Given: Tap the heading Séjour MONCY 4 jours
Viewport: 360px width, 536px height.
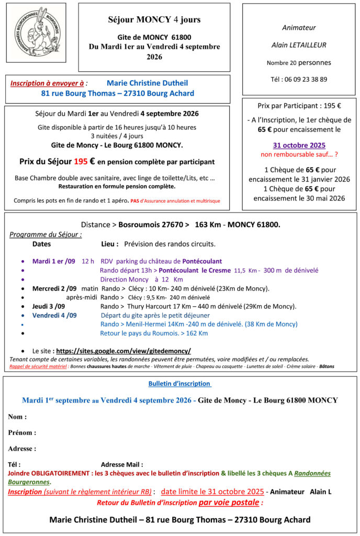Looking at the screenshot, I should (154, 20).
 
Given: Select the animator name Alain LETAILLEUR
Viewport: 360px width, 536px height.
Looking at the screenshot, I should (299, 45).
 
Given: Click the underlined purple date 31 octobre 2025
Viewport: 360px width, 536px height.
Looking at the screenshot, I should (299, 146).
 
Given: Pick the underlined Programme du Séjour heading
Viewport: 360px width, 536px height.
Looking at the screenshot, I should (46, 234).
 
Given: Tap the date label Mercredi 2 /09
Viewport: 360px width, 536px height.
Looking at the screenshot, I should (54, 288).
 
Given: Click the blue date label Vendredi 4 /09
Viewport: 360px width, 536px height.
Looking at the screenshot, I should (54, 315).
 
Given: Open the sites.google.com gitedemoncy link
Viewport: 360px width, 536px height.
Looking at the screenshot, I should (123, 351).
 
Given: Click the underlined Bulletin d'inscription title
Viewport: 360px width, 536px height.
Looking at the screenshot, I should (179, 384).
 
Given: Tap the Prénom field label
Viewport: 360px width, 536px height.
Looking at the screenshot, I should (22, 433).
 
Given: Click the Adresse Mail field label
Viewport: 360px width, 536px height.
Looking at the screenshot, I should (122, 464).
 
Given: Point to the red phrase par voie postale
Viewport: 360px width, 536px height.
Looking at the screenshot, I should (229, 502).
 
